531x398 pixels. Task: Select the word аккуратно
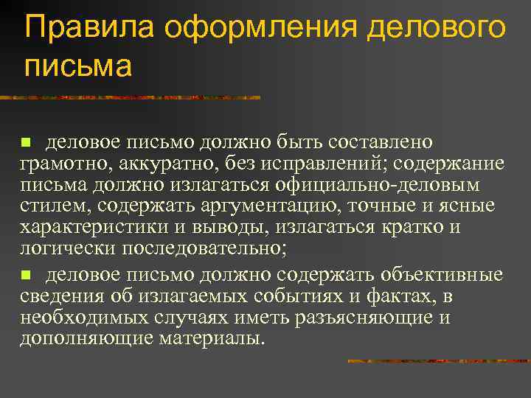(x=155, y=163)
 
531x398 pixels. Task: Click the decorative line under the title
(x=133, y=97)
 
